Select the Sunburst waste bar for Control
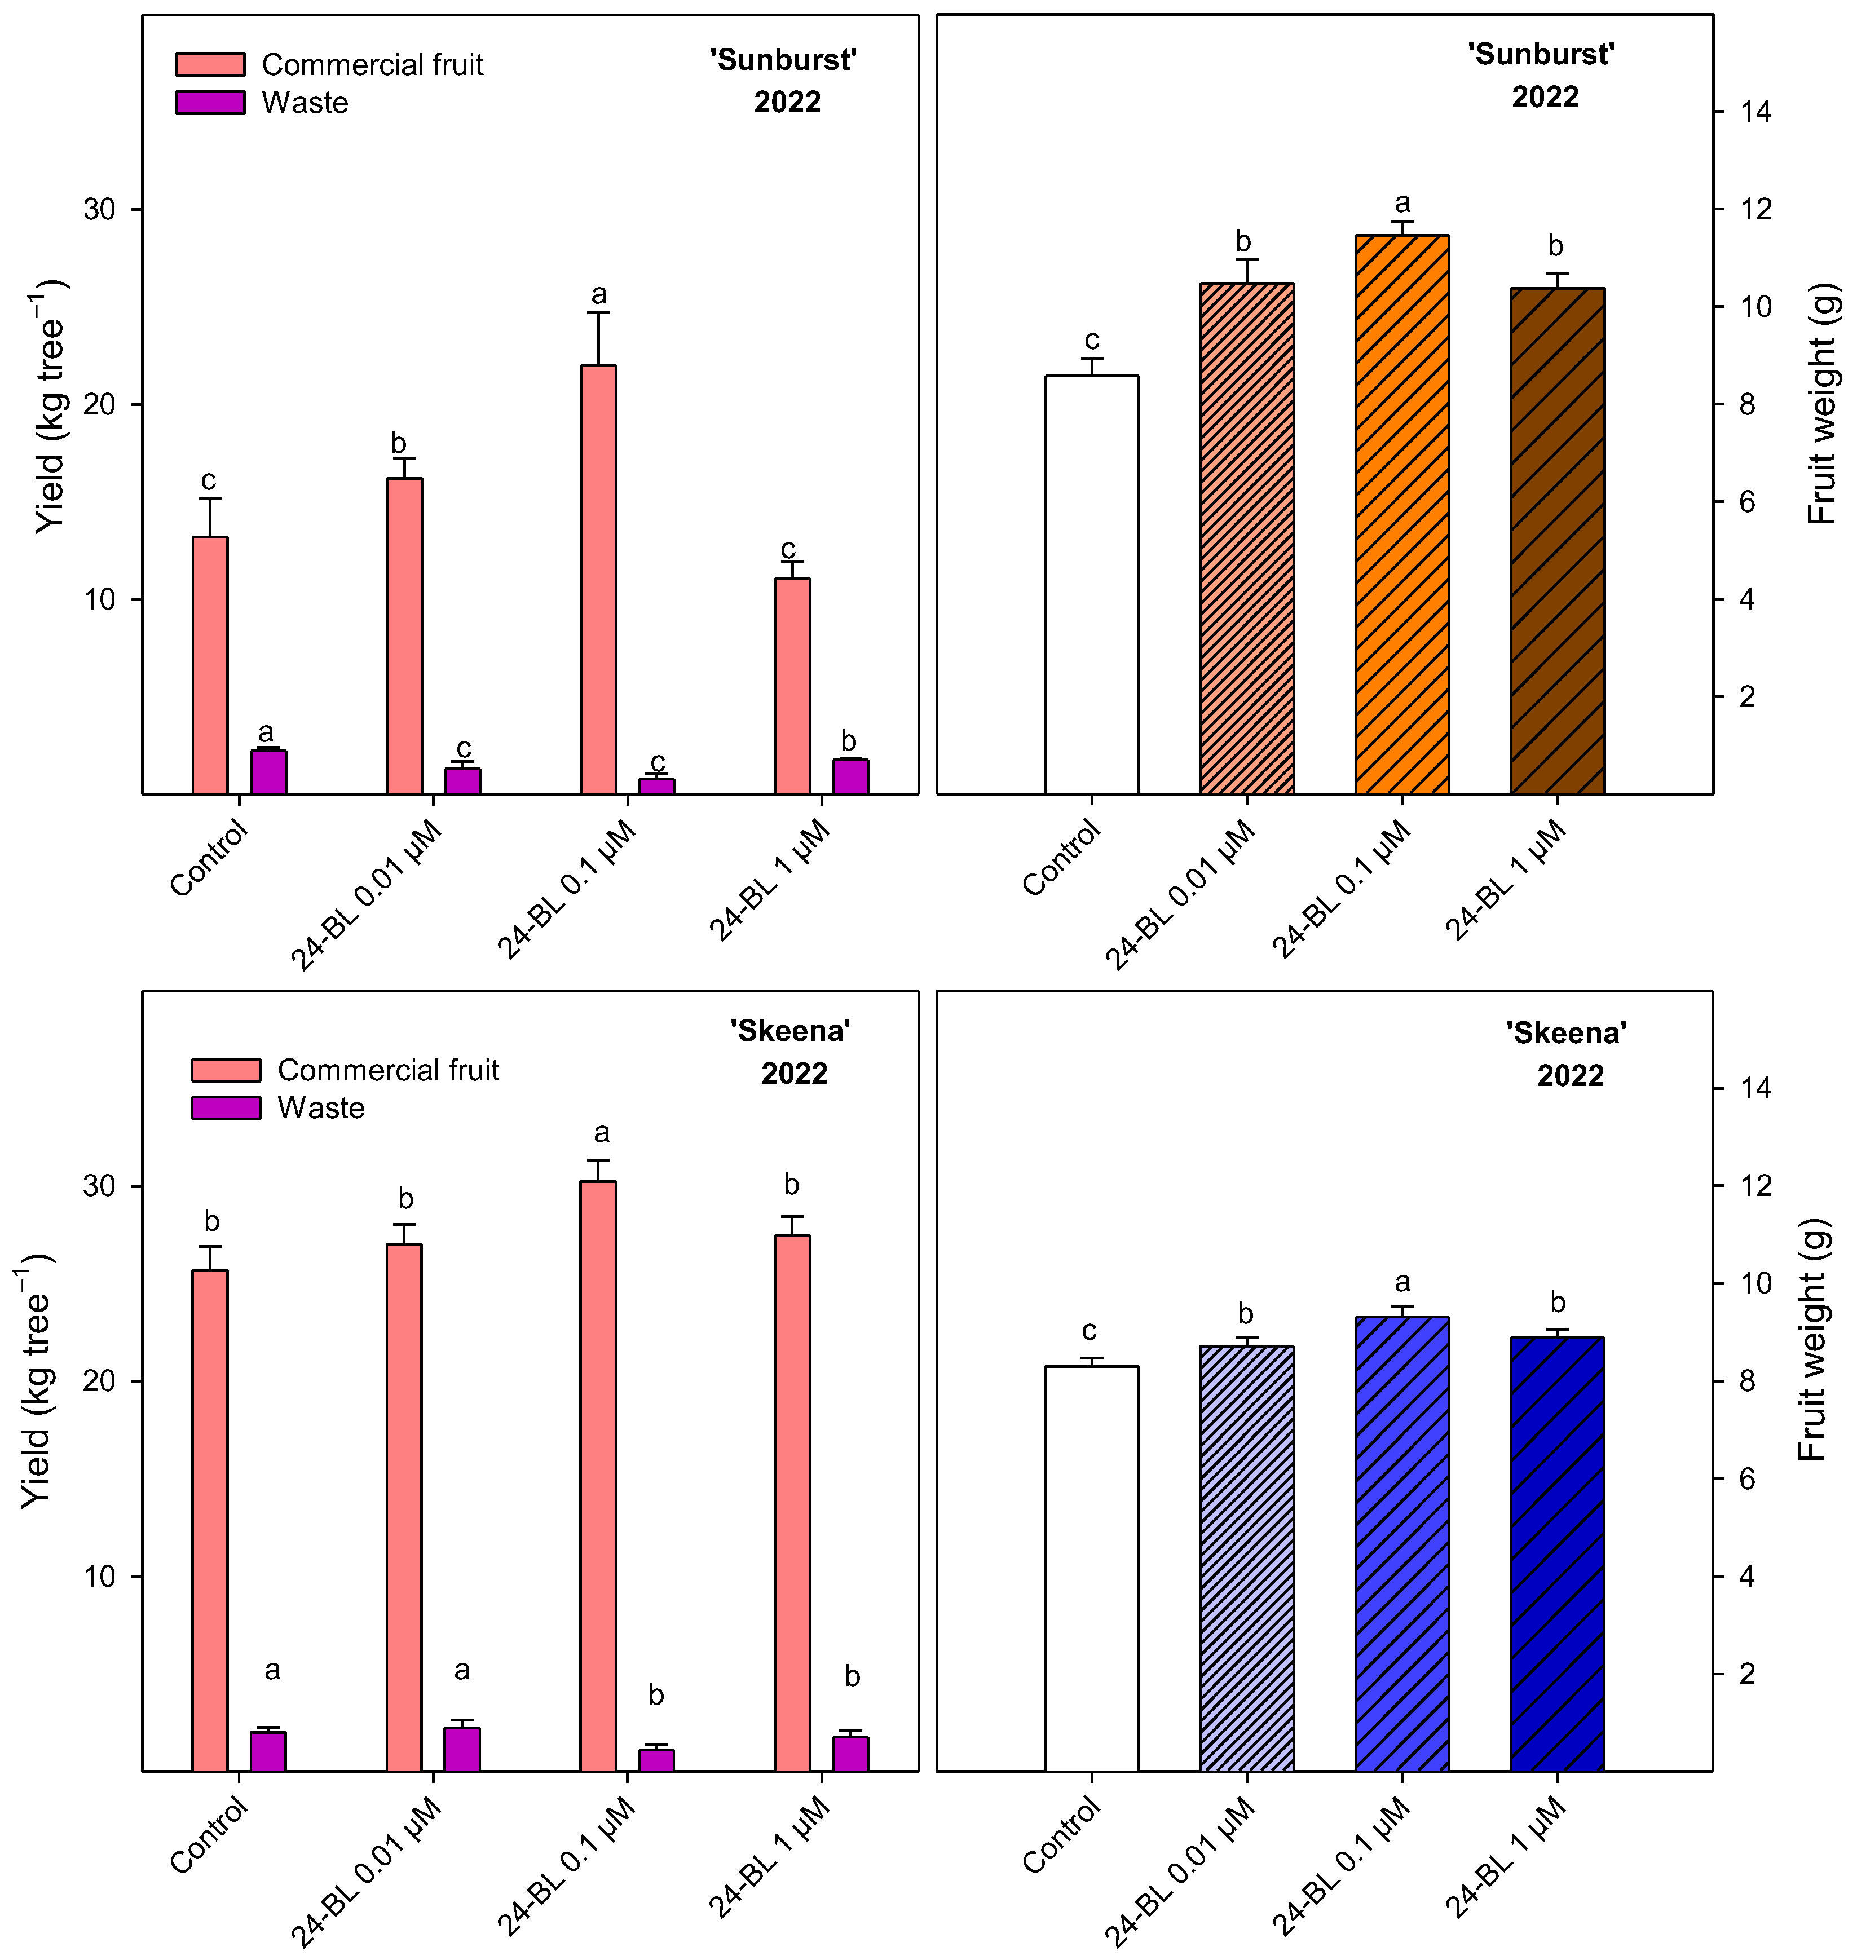pyautogui.click(x=268, y=772)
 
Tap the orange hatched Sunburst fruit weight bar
pyautogui.click(x=1402, y=515)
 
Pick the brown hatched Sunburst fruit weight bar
pyautogui.click(x=1557, y=541)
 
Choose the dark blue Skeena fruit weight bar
pyautogui.click(x=1557, y=1554)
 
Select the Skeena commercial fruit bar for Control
pyautogui.click(x=210, y=1521)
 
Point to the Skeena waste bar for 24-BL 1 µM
pyautogui.click(x=850, y=1754)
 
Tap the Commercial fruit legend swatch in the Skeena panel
pyautogui.click(x=226, y=1070)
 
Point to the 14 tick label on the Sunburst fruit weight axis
pyautogui.click(x=1756, y=111)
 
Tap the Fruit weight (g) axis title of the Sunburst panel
pyautogui.click(x=1823, y=404)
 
